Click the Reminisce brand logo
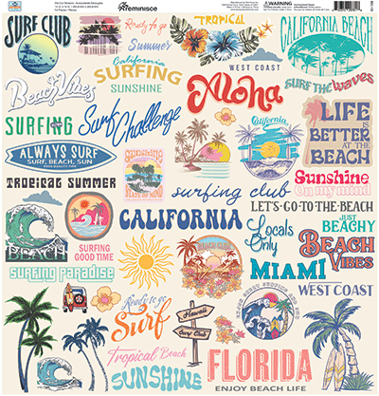pos(141,7)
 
